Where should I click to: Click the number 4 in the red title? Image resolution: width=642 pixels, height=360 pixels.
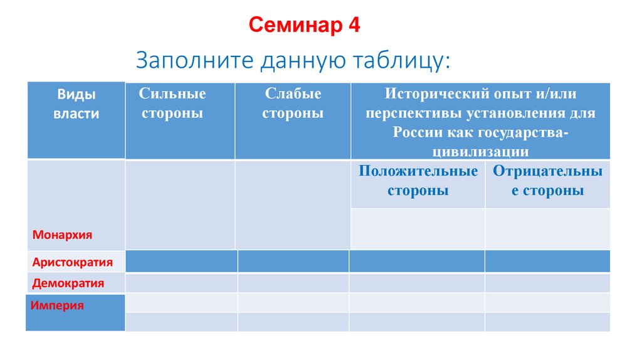[x=354, y=26]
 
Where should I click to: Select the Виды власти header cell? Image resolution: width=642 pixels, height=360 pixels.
[x=76, y=104]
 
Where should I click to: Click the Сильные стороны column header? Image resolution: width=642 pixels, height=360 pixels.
[x=172, y=103]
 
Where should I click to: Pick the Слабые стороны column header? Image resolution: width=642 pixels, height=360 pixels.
[x=293, y=103]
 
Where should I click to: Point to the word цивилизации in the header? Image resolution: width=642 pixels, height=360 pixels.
[x=480, y=151]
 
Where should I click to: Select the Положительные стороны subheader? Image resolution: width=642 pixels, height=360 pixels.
[x=418, y=181]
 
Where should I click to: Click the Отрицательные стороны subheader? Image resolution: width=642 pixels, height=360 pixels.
[x=547, y=181]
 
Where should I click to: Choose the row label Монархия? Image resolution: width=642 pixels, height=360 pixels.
[x=63, y=235]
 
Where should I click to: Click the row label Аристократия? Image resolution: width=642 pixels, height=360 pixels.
[x=73, y=262]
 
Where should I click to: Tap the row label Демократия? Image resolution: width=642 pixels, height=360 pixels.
[x=68, y=283]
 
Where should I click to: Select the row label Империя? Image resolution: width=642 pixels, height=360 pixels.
[x=58, y=306]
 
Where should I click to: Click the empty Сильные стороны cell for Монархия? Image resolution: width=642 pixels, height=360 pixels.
[x=180, y=204]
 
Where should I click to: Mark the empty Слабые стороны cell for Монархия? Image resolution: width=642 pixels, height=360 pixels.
[x=293, y=204]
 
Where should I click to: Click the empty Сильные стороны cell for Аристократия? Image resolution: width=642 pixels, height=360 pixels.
[x=181, y=261]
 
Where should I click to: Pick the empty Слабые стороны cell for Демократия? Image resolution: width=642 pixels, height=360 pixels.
[x=293, y=283]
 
